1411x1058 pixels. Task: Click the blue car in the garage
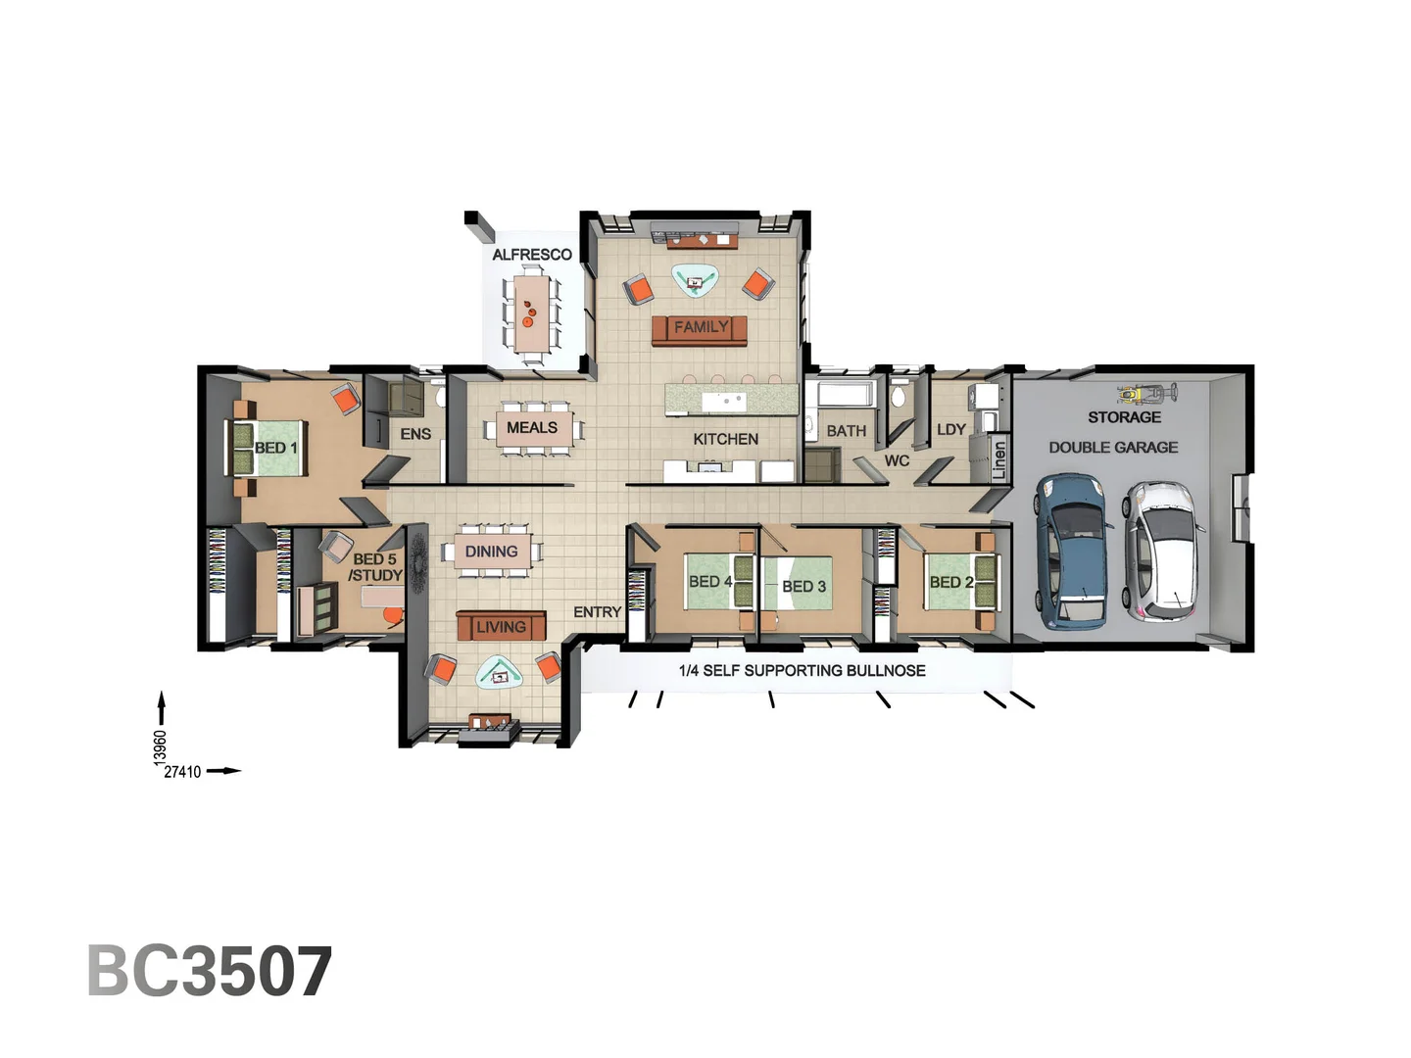point(1074,551)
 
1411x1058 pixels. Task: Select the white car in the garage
point(1162,551)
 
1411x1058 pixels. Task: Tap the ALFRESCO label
point(531,255)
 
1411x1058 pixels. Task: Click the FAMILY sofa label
point(700,328)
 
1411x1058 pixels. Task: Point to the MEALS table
point(531,428)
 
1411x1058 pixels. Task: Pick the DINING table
point(492,552)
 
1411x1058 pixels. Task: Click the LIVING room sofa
point(501,626)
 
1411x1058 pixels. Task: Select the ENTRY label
point(597,612)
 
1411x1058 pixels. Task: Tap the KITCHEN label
point(725,439)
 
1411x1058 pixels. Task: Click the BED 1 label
point(275,448)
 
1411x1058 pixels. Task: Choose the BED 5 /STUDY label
point(375,567)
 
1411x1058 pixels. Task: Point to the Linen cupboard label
point(998,460)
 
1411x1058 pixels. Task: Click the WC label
point(897,460)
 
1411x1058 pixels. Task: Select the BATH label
point(846,431)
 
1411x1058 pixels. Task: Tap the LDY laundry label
point(950,430)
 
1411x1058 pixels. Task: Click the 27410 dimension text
point(182,772)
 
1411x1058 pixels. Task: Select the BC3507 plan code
point(210,972)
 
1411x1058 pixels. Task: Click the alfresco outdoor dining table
point(531,313)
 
